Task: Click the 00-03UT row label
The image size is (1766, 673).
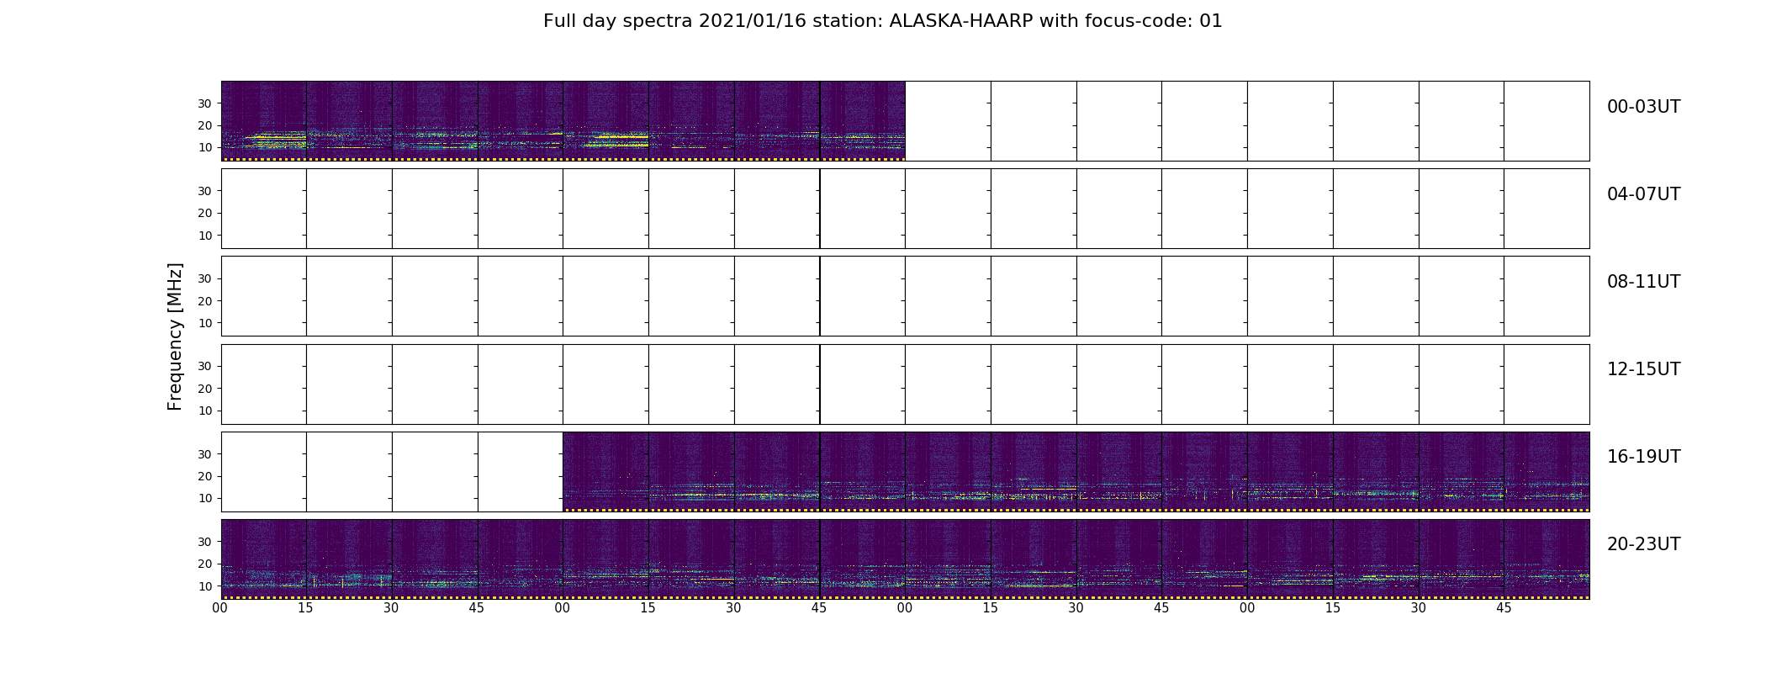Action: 1643,107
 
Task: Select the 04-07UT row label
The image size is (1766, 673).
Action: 1643,194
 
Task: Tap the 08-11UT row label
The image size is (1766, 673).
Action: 1643,282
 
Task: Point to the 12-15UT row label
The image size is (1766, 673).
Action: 1643,369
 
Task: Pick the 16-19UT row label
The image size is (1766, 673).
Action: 1643,457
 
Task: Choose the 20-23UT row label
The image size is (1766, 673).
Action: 1643,544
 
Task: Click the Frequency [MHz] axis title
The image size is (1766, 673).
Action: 175,336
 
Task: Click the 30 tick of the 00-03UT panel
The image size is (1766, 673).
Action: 205,103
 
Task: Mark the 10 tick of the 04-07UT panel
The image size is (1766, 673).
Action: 205,236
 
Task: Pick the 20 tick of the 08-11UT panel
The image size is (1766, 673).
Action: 205,301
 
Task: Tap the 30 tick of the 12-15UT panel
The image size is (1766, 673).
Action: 205,367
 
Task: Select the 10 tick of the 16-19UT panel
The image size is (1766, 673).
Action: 205,498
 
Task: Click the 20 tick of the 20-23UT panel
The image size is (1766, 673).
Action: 205,564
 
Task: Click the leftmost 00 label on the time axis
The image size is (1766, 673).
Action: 220,608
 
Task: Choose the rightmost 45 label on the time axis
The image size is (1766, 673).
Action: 1504,608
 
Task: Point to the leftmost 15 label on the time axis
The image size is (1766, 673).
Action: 306,608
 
